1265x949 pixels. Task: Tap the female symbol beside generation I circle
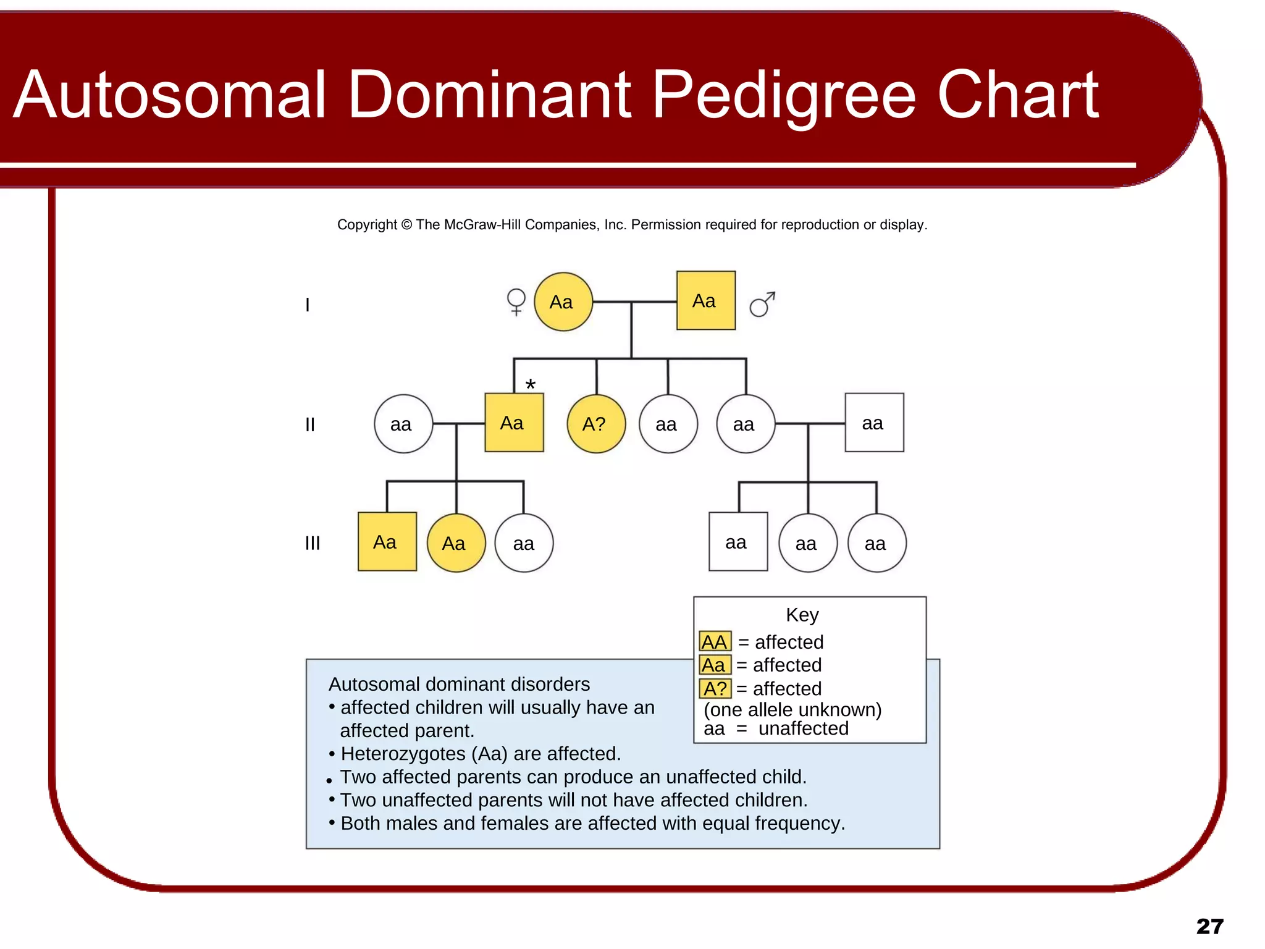516,302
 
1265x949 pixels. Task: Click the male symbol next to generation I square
762,304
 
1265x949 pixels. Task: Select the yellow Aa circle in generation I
563,302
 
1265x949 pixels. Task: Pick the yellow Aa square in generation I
705,301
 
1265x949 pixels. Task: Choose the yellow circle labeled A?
595,424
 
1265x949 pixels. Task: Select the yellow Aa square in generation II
514,423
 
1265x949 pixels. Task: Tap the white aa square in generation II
873,423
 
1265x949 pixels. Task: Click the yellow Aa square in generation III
387,542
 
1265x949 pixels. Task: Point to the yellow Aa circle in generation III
456,543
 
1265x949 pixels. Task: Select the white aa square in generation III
738,542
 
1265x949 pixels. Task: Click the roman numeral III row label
313,543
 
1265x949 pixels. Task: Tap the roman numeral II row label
310,424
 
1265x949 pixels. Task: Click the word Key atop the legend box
802,615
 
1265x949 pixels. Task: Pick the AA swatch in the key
715,642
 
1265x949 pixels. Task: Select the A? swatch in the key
715,688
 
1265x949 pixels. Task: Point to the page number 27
1209,926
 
